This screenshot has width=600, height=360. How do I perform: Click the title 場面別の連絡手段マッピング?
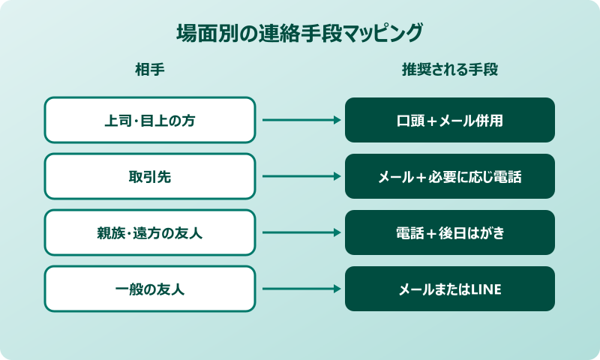click(x=300, y=34)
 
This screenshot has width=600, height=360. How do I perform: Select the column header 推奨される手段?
click(x=450, y=70)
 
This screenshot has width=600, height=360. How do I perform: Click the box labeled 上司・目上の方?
click(x=150, y=120)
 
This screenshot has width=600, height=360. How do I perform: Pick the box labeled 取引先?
click(x=150, y=176)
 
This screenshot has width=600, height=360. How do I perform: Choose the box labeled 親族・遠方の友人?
click(x=150, y=232)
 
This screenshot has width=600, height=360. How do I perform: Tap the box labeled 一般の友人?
click(x=150, y=289)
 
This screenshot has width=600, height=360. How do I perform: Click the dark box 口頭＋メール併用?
click(x=450, y=120)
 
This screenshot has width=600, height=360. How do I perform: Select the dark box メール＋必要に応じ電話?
click(x=450, y=176)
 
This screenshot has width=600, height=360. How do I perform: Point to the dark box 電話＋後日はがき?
click(x=450, y=232)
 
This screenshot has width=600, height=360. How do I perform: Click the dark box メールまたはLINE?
click(x=450, y=289)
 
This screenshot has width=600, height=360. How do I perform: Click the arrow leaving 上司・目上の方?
click(x=300, y=120)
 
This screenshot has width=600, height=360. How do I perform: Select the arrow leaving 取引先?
click(x=300, y=176)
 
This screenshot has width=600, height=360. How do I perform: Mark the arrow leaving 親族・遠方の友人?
click(x=300, y=232)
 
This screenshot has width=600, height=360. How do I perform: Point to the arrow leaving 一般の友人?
click(x=300, y=289)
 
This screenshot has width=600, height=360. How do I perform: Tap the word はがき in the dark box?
click(x=485, y=233)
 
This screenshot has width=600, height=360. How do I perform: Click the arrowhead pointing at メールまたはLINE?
click(x=337, y=289)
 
